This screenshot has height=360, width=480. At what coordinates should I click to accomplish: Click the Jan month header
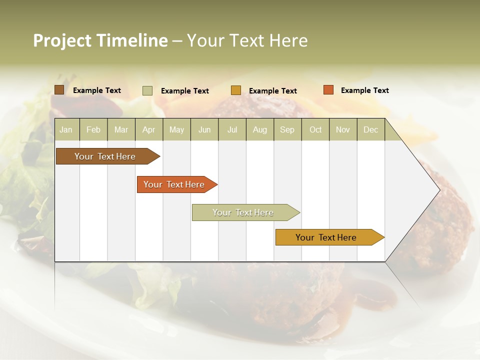click(66, 129)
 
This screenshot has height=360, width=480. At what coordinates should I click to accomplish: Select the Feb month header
click(93, 129)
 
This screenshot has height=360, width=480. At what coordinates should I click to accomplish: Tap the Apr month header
click(148, 129)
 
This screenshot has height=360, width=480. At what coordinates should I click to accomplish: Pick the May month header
click(176, 129)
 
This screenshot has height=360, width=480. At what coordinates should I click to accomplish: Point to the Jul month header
click(232, 129)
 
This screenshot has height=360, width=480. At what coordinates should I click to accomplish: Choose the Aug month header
click(260, 129)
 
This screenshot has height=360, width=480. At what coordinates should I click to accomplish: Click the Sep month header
click(287, 129)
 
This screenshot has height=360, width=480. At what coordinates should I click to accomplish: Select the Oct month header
click(315, 129)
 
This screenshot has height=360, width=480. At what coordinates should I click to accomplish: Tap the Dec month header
click(370, 129)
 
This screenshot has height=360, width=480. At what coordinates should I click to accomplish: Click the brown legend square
click(59, 90)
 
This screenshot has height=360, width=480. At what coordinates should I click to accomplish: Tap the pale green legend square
click(147, 90)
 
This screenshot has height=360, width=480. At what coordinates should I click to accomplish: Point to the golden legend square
click(236, 90)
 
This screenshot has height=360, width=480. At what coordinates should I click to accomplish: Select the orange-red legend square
click(328, 90)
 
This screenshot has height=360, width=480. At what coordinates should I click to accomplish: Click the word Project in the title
click(62, 40)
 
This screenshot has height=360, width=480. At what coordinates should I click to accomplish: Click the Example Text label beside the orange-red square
click(364, 90)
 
